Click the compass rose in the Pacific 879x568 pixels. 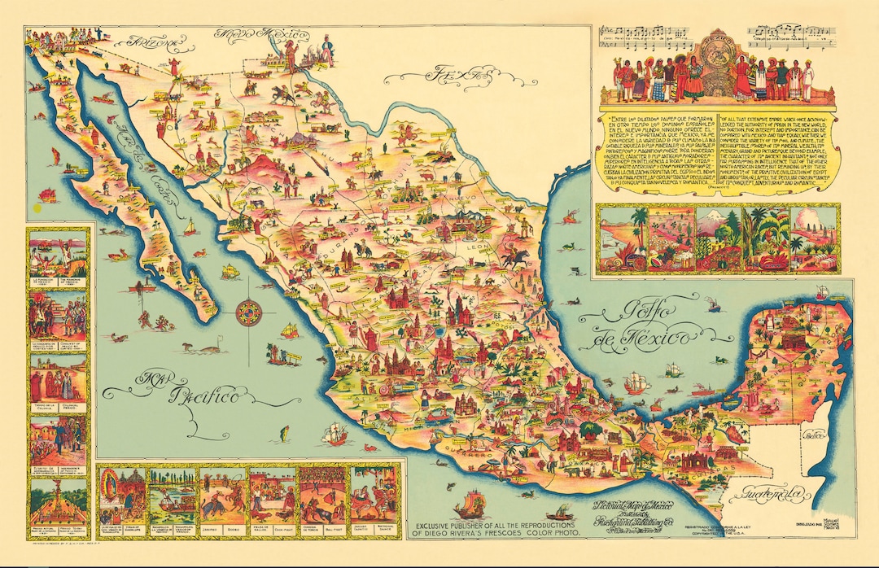point(248,312)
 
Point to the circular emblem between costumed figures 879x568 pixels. point(719,61)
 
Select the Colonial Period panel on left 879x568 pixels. point(57,382)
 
